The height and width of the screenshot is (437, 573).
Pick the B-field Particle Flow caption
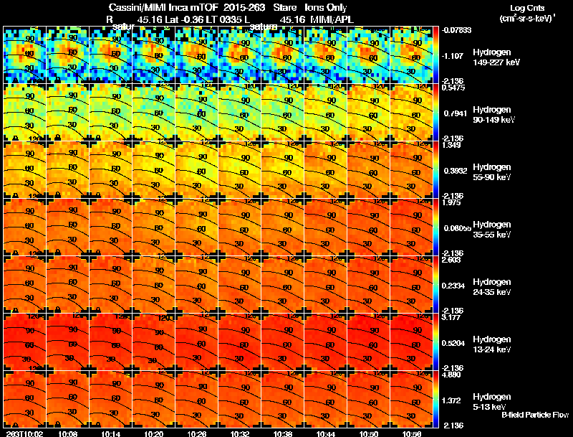534,415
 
